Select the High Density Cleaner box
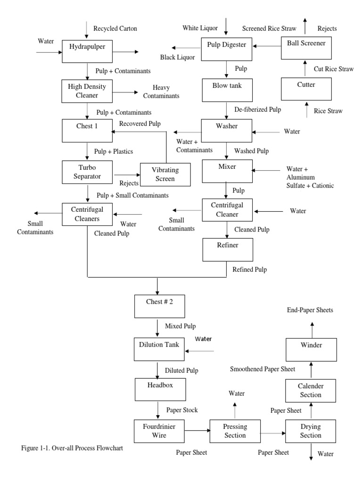click(87, 91)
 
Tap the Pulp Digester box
click(227, 46)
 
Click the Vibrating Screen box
click(165, 175)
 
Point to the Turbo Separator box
click(87, 172)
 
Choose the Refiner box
click(227, 249)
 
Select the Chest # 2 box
click(157, 306)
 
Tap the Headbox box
click(157, 389)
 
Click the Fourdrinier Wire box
click(157, 430)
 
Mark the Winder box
click(311, 350)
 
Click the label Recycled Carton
click(115, 29)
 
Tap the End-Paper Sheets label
click(310, 310)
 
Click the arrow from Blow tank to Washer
click(227, 110)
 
